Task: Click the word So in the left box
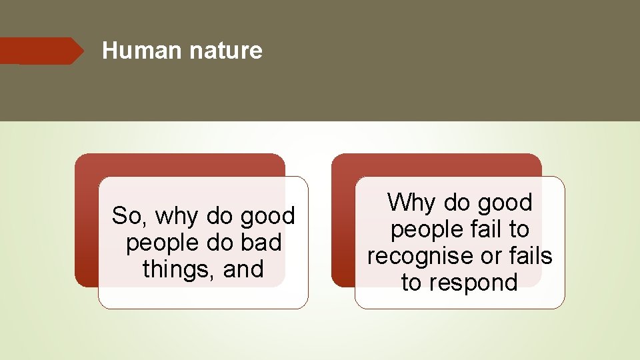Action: tap(125, 216)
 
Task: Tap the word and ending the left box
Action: tap(243, 269)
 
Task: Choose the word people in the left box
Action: tap(157, 243)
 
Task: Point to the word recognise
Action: tap(419, 256)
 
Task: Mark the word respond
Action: tap(473, 283)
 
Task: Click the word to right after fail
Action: tap(517, 229)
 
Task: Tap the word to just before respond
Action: tap(412, 283)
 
